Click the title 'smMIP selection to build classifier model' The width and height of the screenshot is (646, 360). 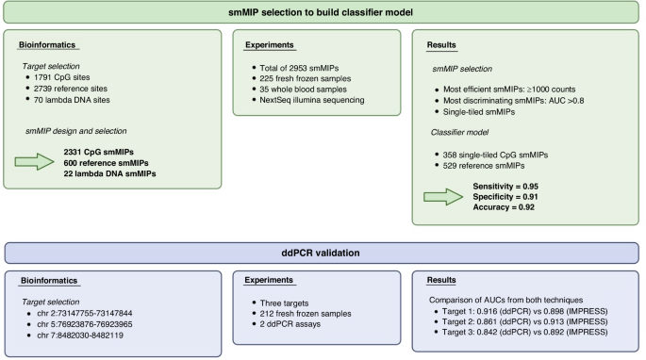click(323, 11)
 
